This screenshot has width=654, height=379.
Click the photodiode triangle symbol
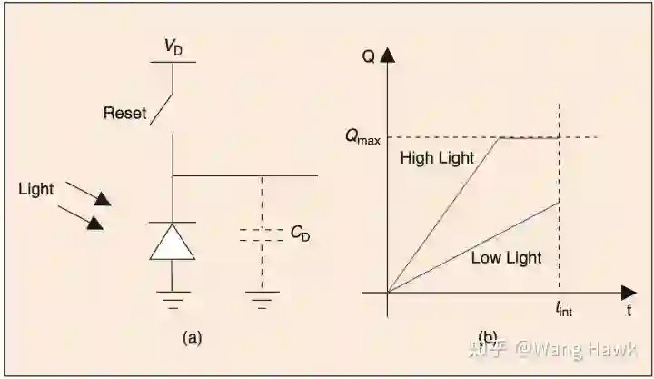point(173,242)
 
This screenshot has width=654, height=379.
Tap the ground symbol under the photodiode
point(173,298)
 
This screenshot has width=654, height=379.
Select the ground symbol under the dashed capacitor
point(263,298)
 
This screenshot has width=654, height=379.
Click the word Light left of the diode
point(36,189)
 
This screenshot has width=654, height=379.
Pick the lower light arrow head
point(94,223)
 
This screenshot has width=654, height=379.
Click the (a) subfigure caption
point(192,337)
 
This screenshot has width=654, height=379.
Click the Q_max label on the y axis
point(362,137)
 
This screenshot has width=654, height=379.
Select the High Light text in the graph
point(437,158)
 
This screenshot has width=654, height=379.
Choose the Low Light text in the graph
point(506,257)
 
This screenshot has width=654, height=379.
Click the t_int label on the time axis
point(562,311)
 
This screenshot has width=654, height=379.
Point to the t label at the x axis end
point(629,311)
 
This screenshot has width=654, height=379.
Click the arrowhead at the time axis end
point(629,293)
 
